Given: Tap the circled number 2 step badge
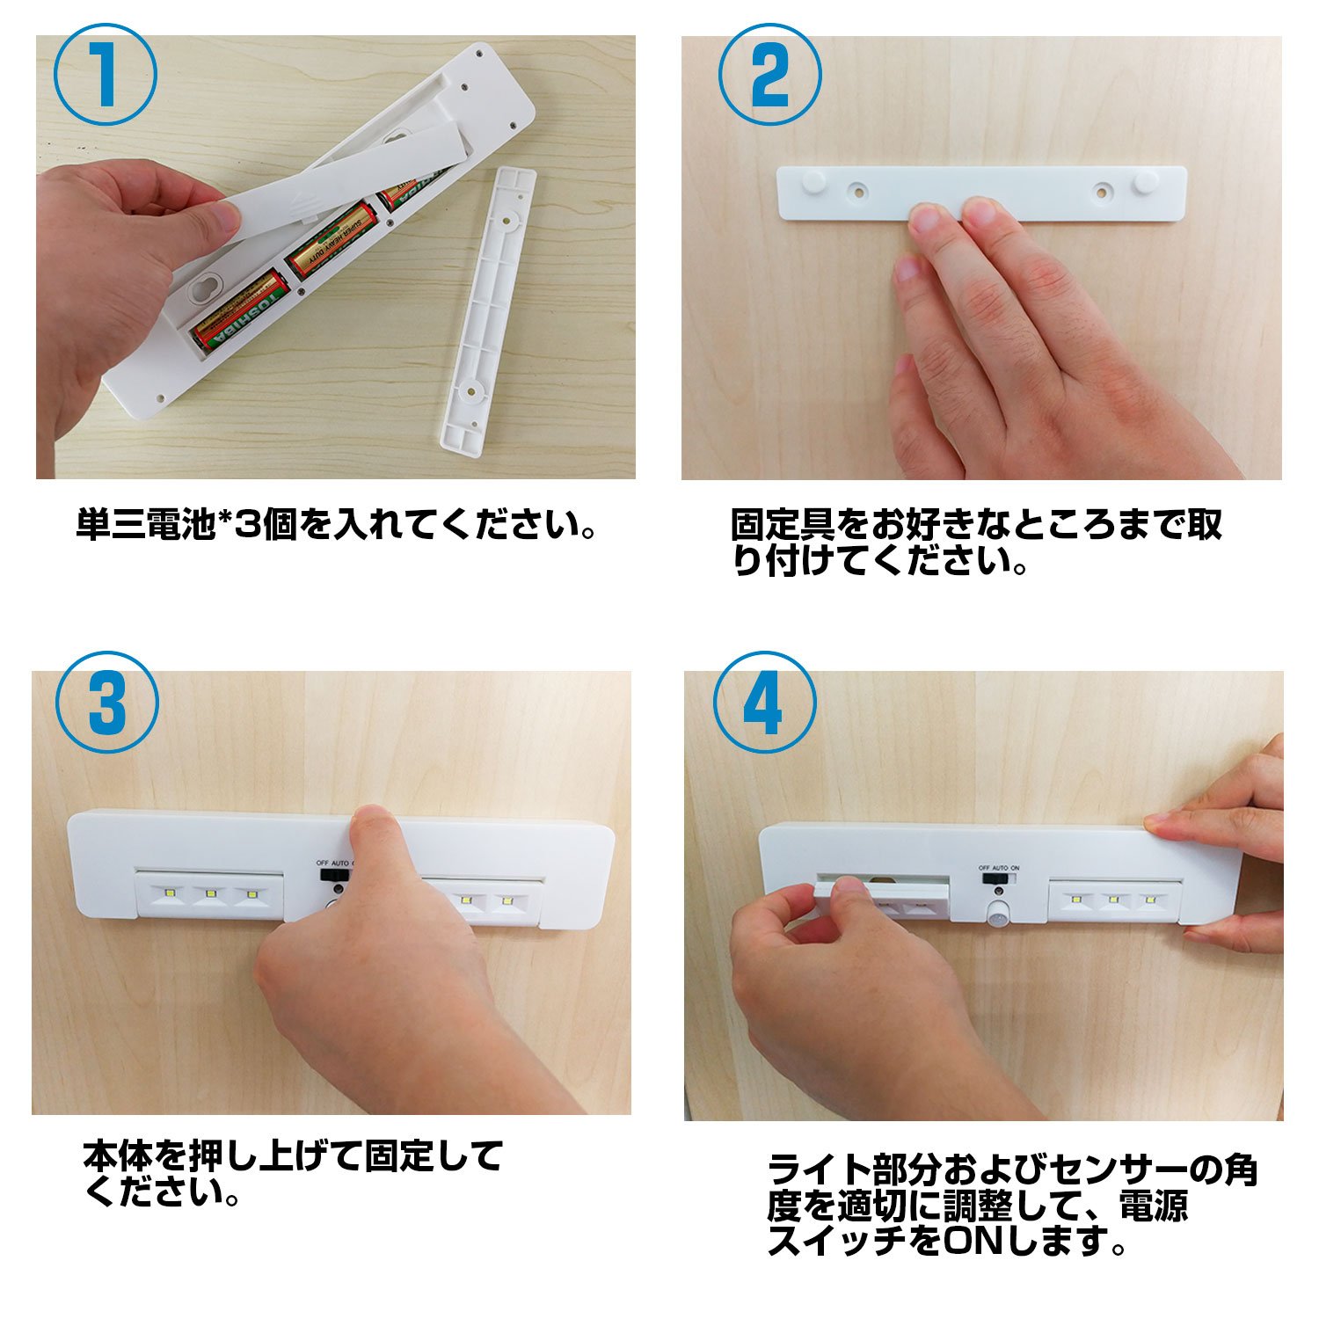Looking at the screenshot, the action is (770, 75).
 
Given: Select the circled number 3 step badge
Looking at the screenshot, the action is (107, 702).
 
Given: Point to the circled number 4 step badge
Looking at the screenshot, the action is (764, 703).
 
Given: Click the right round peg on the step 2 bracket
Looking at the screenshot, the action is (1146, 183).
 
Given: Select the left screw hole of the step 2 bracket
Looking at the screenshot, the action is (856, 190).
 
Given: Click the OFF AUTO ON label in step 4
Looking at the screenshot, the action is (999, 867).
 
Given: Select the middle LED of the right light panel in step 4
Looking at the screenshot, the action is (1112, 900).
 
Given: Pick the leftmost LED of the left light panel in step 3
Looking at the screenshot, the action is (171, 894).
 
